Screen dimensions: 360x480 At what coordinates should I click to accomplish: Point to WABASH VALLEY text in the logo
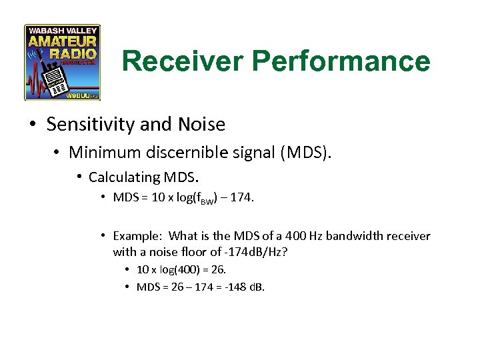[62, 31]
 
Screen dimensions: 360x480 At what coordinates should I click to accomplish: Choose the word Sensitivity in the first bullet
[85, 124]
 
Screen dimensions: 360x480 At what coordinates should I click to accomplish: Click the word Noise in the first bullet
[203, 124]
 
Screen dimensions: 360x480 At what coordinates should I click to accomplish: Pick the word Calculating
[120, 177]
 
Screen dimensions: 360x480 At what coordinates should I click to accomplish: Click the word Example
[137, 235]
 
